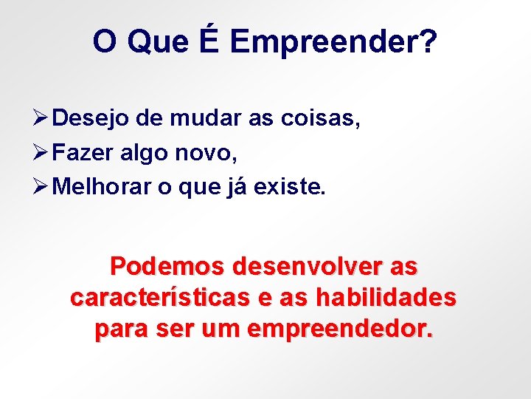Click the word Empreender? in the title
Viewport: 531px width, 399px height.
click(x=333, y=43)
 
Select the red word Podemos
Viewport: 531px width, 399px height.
click(x=168, y=265)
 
